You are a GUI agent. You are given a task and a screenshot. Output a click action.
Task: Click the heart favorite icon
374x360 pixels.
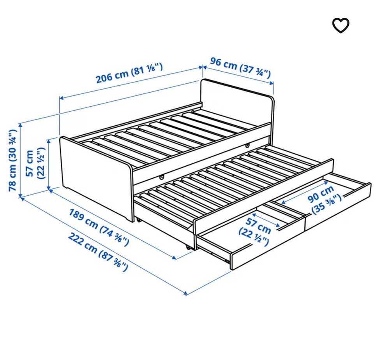coord(340,25)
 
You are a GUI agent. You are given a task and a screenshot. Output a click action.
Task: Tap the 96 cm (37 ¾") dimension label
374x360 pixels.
coord(240,68)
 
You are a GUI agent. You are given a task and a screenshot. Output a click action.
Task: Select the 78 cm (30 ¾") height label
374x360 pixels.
coord(12,160)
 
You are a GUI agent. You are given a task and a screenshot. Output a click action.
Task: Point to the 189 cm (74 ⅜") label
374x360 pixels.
coord(99,227)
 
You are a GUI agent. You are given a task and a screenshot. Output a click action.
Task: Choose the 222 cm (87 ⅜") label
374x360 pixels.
coord(98,252)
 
